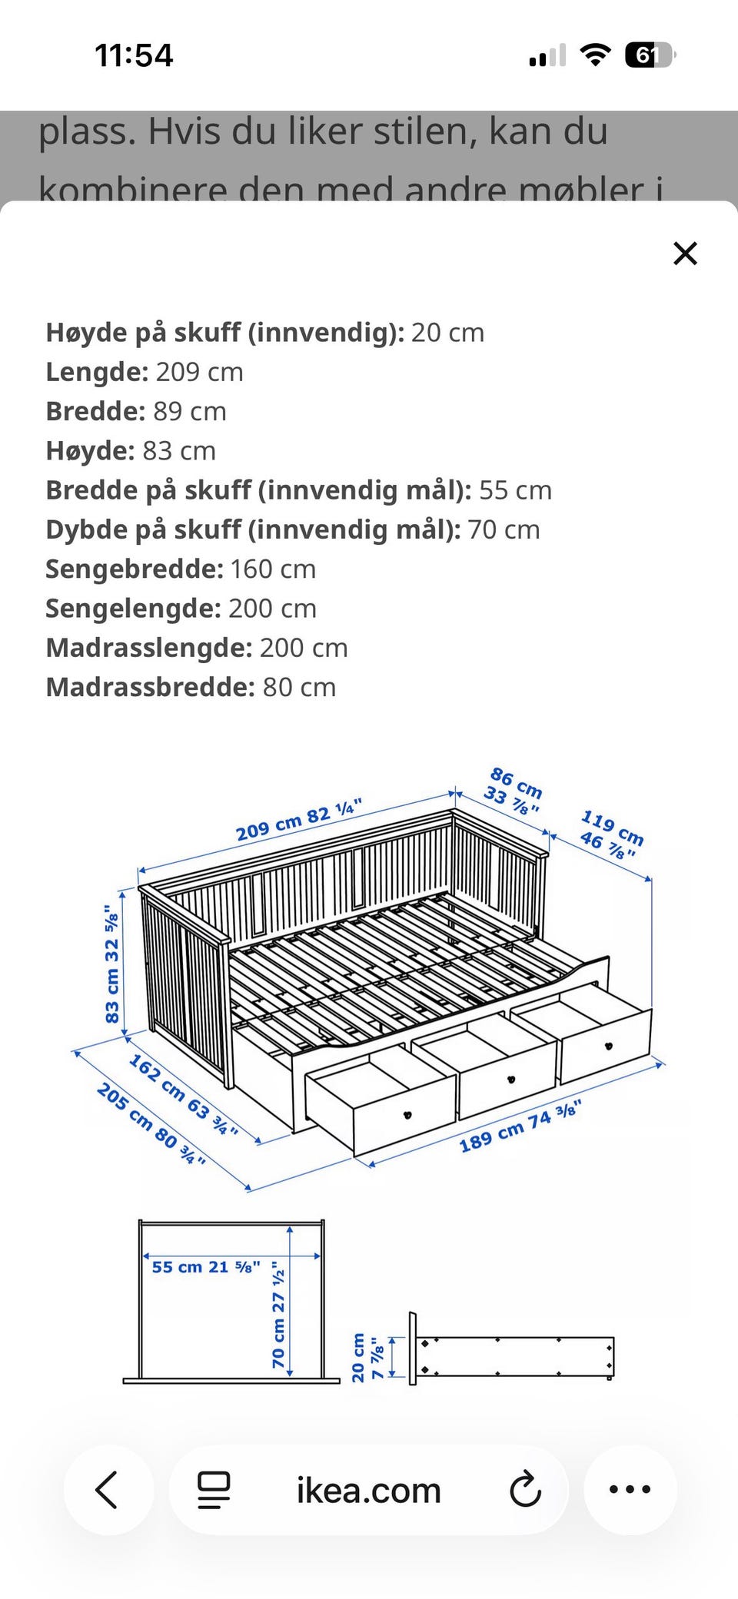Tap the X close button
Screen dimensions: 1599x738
[x=684, y=253]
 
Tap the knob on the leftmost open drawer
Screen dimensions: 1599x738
[x=407, y=1115]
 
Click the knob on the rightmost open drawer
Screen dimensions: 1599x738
[x=609, y=1046]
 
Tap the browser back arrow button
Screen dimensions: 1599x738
[x=108, y=1490]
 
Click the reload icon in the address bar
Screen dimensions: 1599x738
[x=526, y=1490]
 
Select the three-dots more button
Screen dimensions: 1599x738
[x=630, y=1489]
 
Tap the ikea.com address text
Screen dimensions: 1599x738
[x=368, y=1491]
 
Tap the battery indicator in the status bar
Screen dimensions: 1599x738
[x=649, y=55]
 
